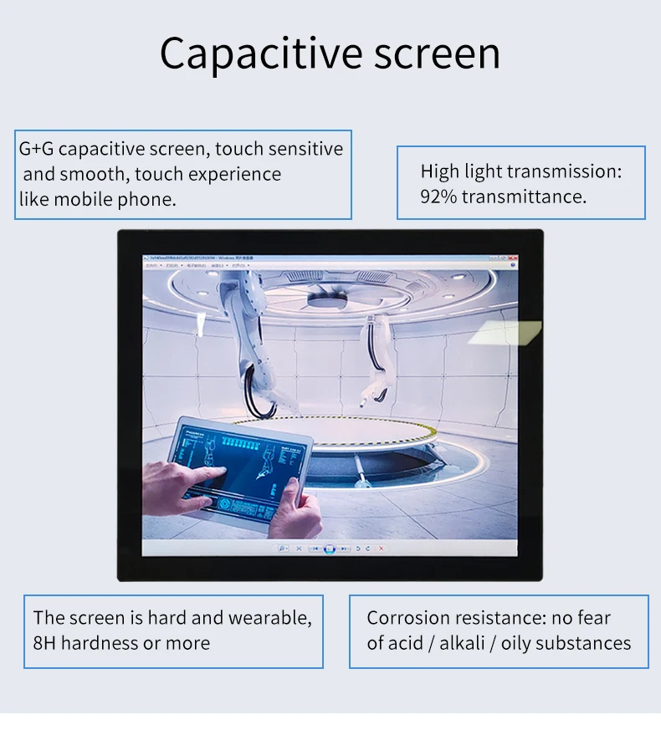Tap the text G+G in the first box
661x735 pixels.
(36, 150)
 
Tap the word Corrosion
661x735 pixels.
(409, 619)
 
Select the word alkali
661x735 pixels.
(465, 644)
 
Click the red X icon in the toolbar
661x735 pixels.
(382, 549)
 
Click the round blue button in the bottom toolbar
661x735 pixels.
(330, 549)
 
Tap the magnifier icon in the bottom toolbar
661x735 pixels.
(282, 549)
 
